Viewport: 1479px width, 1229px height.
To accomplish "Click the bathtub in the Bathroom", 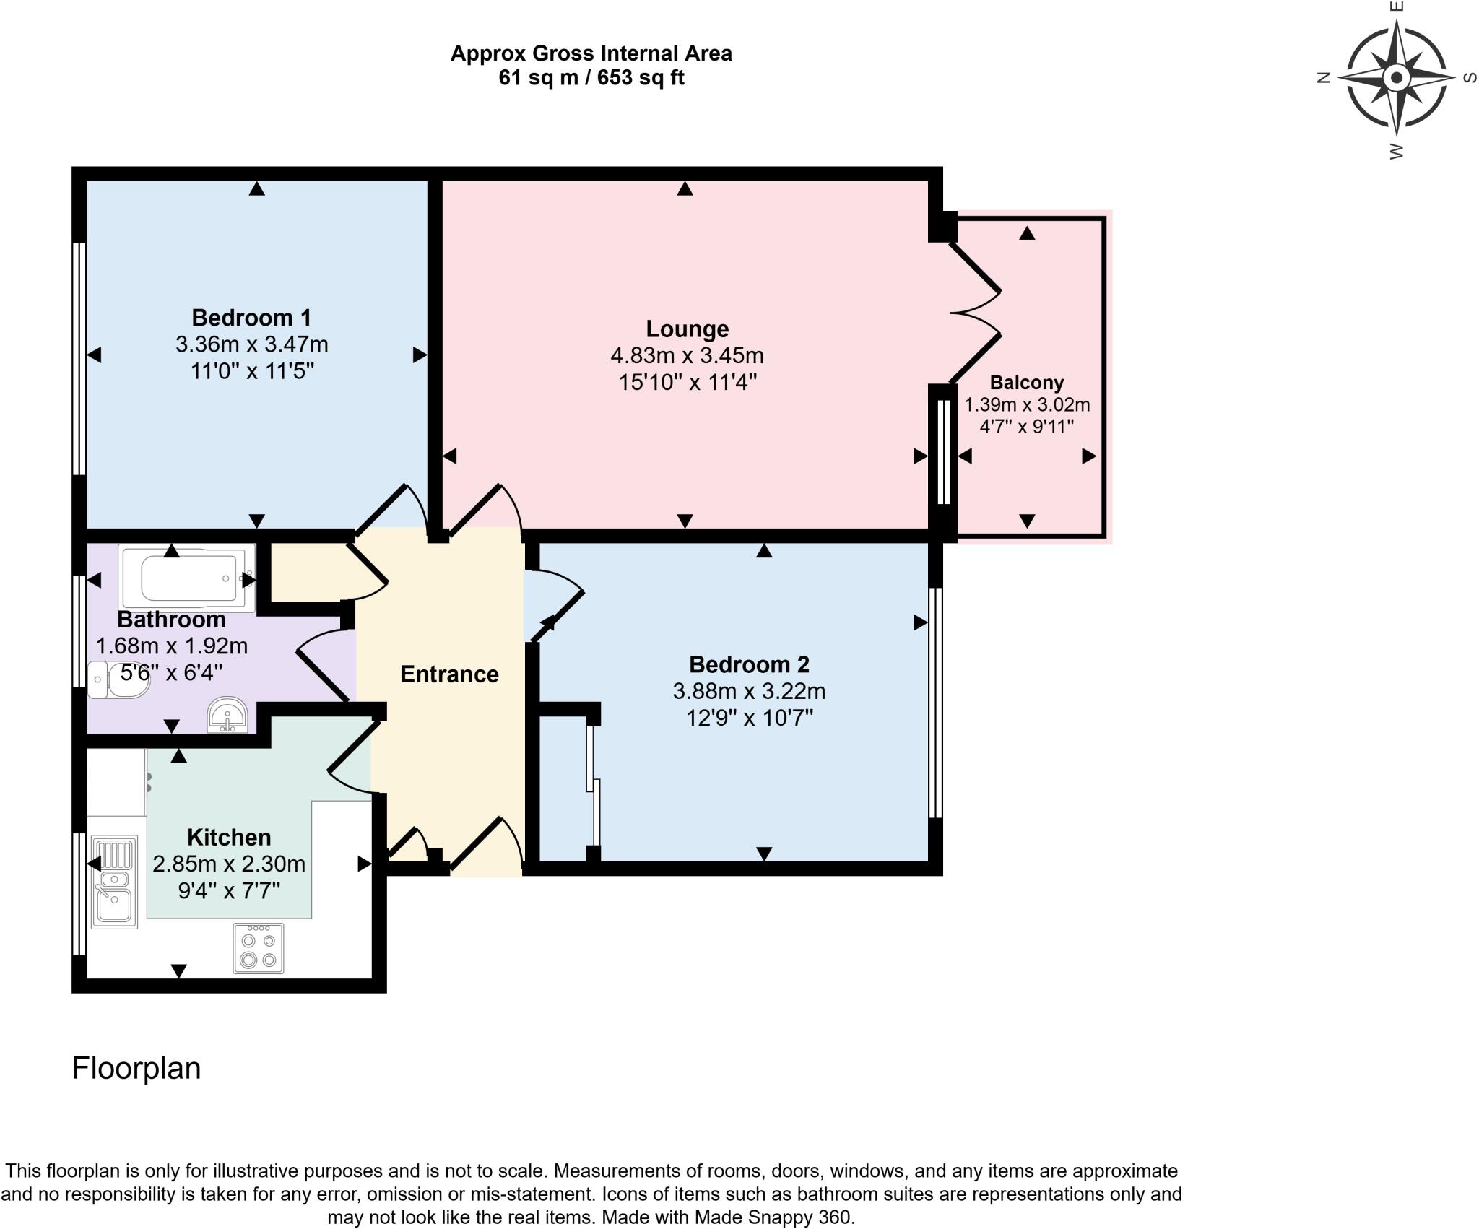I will [x=188, y=578].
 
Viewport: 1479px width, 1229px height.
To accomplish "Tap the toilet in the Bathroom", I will [x=118, y=679].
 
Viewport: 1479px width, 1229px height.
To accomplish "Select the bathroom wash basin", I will [x=227, y=716].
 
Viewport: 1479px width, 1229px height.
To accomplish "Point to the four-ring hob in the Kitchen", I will [x=259, y=948].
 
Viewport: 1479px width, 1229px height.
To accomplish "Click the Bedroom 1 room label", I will [x=251, y=317].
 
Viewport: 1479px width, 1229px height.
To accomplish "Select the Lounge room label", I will [x=687, y=329].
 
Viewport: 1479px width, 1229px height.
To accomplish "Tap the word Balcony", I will [x=1026, y=382].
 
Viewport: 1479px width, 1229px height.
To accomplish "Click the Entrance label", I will [x=449, y=674].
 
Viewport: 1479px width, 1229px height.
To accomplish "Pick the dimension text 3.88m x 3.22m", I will [x=749, y=691].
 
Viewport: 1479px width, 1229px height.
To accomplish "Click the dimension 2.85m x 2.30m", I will [x=229, y=864].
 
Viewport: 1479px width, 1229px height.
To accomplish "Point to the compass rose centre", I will [x=1396, y=77].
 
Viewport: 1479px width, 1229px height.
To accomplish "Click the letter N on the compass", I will [x=1324, y=78].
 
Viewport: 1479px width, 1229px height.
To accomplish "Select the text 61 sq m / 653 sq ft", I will [x=591, y=78].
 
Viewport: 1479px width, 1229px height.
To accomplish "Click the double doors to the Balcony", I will [x=975, y=313].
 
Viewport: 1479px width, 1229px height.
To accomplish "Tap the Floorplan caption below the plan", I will [x=136, y=1068].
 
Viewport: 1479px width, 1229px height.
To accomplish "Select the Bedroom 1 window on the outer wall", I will [x=79, y=358].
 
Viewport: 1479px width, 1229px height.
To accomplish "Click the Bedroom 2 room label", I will [x=749, y=664].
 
